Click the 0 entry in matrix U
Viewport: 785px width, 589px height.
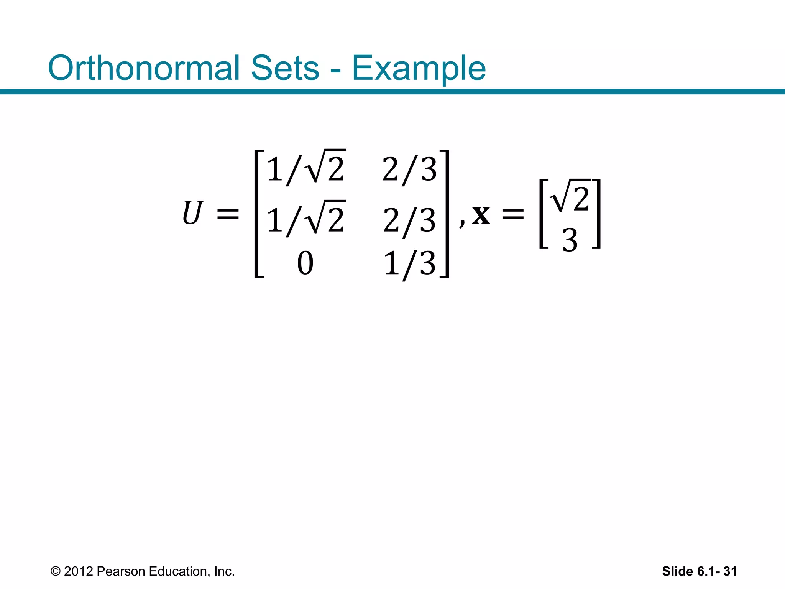click(305, 263)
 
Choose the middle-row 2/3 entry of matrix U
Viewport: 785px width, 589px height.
click(409, 220)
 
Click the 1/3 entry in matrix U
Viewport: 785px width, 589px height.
click(409, 264)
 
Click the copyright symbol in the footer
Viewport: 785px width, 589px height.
click(56, 571)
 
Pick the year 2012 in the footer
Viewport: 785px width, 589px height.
click(79, 571)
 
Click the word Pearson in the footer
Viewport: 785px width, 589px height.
click(121, 571)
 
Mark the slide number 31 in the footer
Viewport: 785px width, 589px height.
click(730, 571)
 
